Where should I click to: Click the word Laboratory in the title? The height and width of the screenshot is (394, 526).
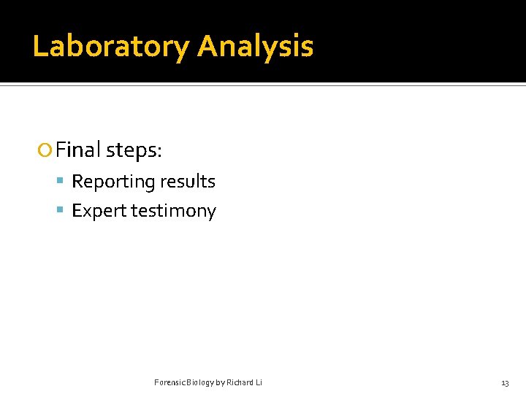[110, 47]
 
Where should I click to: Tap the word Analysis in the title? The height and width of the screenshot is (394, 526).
[255, 47]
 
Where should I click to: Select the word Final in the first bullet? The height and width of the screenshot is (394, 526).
[78, 150]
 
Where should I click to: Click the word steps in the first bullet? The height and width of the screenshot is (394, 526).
[132, 150]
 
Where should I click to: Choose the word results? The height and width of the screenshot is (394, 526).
[188, 181]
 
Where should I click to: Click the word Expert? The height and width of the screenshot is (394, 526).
[99, 211]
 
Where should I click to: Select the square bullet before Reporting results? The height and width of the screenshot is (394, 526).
[61, 182]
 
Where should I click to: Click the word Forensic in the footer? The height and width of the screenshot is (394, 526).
[169, 383]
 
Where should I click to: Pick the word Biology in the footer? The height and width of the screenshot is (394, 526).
[199, 383]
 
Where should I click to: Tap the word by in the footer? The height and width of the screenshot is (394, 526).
[220, 383]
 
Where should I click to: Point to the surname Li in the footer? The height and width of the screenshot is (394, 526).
[259, 383]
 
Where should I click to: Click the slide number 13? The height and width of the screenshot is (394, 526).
[505, 384]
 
